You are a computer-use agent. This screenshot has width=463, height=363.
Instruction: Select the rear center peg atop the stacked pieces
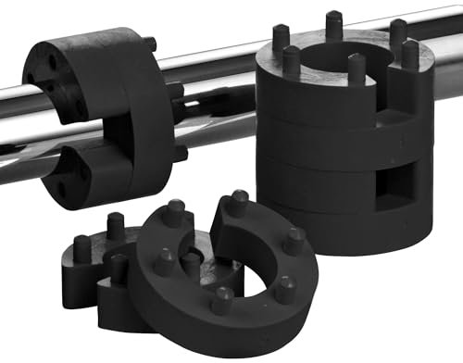(x=333, y=23)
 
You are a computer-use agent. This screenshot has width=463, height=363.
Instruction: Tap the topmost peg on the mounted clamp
(x=150, y=43)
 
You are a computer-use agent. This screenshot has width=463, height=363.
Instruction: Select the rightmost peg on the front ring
(x=295, y=240)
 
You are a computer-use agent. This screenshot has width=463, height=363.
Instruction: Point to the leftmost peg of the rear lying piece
(x=82, y=248)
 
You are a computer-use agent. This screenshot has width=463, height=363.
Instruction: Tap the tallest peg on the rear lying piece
(x=115, y=225)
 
